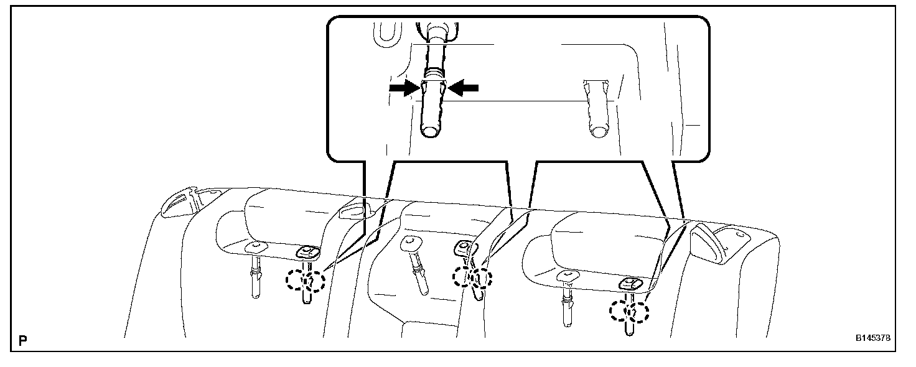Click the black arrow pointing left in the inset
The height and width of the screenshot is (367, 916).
[x=463, y=88]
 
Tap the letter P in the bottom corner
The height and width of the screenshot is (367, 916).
[x=23, y=340]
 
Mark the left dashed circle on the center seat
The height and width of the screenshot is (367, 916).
[x=462, y=276]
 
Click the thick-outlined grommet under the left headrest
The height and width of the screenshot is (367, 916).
[x=307, y=252]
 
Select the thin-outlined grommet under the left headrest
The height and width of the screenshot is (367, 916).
[x=254, y=247]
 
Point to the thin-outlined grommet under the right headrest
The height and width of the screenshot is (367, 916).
[x=568, y=276]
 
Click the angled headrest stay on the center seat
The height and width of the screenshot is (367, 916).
[x=415, y=264]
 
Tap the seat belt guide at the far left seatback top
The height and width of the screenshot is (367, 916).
[x=179, y=203]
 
